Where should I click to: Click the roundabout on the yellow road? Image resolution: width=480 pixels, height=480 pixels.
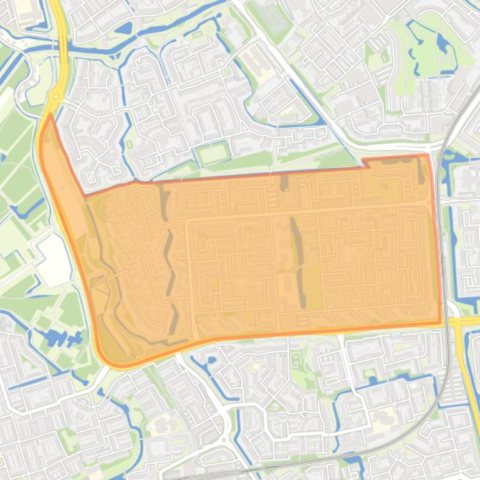coord(55,96)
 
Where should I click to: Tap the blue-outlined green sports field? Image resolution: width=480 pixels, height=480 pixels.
coord(212,152)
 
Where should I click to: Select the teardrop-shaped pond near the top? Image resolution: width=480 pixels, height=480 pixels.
coord(125,28)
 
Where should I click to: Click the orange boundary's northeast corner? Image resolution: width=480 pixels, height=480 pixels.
coord(428,156)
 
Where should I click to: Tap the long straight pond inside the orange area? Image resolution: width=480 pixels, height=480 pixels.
coord(297,262)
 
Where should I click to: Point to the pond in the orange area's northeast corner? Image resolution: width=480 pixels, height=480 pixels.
coord(420,170)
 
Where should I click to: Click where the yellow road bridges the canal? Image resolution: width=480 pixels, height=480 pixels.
coord(63,47)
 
